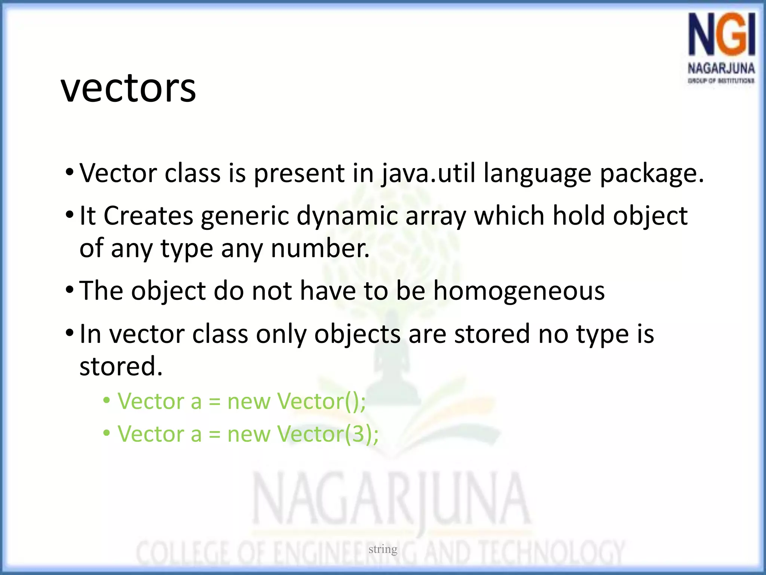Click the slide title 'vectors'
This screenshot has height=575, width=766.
pos(128,89)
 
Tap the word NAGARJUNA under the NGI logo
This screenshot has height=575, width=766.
pos(721,69)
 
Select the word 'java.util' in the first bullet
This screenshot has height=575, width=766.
pos(428,174)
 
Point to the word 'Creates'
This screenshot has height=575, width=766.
pos(148,216)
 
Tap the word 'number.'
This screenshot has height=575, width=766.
pos(320,249)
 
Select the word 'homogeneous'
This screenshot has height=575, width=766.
pos(519,291)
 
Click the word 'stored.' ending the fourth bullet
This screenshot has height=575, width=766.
pos(121,366)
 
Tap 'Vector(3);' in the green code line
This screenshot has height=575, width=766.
pos(328,434)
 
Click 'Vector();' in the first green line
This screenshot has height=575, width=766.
pos(321,402)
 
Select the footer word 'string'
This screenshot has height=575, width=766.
pos(383,549)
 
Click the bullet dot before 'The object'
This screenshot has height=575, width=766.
pos(70,290)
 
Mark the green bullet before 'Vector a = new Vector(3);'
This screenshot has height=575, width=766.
pos(107,433)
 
